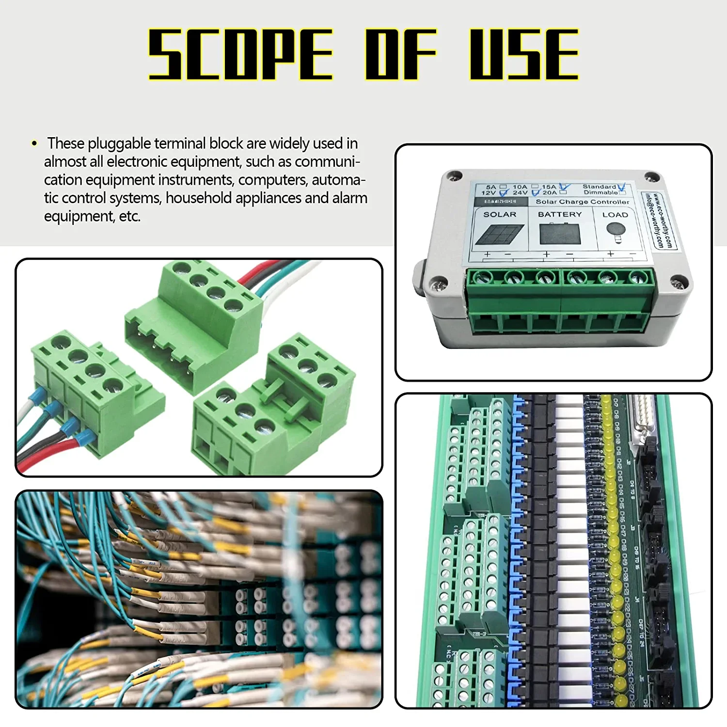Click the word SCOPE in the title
pos(240,54)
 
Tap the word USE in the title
pos(524,54)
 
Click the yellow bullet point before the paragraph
pos(34,143)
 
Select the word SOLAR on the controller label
pos(500,214)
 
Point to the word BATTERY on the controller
pos(560,214)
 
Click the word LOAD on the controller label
pos(615,215)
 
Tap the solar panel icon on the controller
pos(500,235)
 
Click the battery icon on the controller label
pos(560,234)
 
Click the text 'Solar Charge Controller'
pos(582,202)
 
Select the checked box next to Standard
pos(621,187)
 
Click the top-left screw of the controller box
pos(454,175)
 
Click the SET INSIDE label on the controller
pos(500,201)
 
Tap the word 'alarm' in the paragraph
pos(349,198)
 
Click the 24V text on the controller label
pos(520,193)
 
